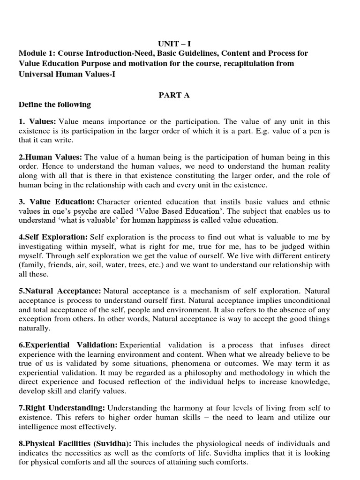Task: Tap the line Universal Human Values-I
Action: [x=67, y=74]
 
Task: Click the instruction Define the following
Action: [x=55, y=105]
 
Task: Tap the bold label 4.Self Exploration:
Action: [x=53, y=238]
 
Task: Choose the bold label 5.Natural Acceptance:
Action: [x=60, y=291]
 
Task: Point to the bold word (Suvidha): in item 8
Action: [x=113, y=444]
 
